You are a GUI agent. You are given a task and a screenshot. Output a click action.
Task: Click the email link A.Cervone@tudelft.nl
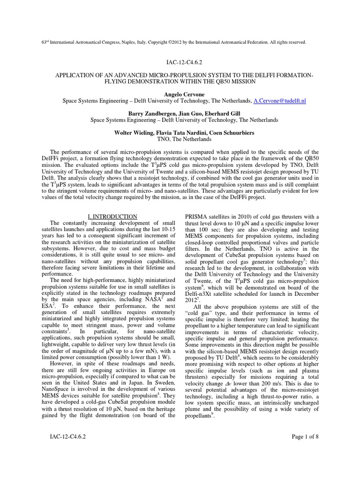(x=280, y=100)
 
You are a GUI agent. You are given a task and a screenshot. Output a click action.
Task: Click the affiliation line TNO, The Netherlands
(x=180, y=139)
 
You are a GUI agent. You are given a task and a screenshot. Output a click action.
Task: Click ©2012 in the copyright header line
(x=180, y=42)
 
